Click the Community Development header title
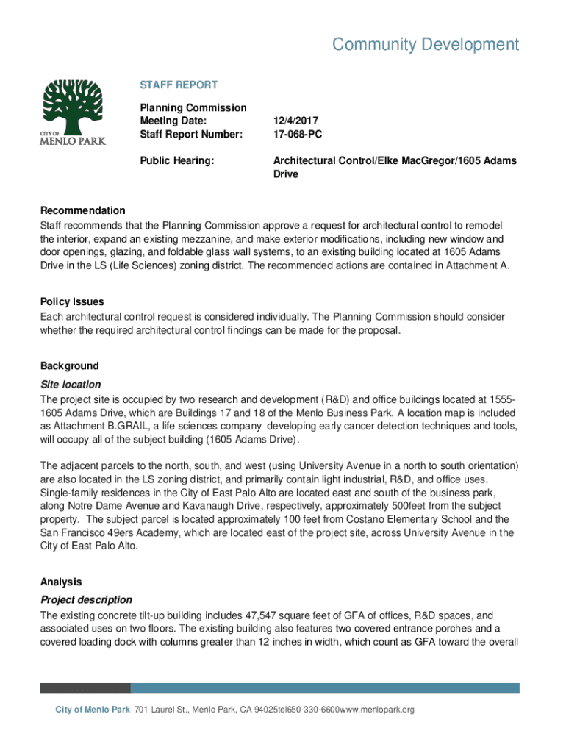pyautogui.click(x=426, y=45)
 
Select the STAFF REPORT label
pyautogui.click(x=179, y=85)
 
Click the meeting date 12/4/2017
pyautogui.click(x=296, y=121)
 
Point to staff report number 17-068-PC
pyautogui.click(x=298, y=134)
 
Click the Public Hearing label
pyautogui.click(x=177, y=160)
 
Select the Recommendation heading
pyautogui.click(x=83, y=210)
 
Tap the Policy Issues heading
pyautogui.click(x=72, y=301)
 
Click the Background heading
pyautogui.click(x=69, y=365)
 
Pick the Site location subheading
pyautogui.click(x=71, y=384)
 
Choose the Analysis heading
pyautogui.click(x=61, y=582)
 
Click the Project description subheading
pyautogui.click(x=86, y=599)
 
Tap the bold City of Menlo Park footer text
pyautogui.click(x=93, y=710)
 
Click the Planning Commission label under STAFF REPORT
pyautogui.click(x=193, y=107)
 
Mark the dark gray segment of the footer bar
pyautogui.click(x=85, y=688)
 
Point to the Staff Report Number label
pyautogui.click(x=190, y=134)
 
